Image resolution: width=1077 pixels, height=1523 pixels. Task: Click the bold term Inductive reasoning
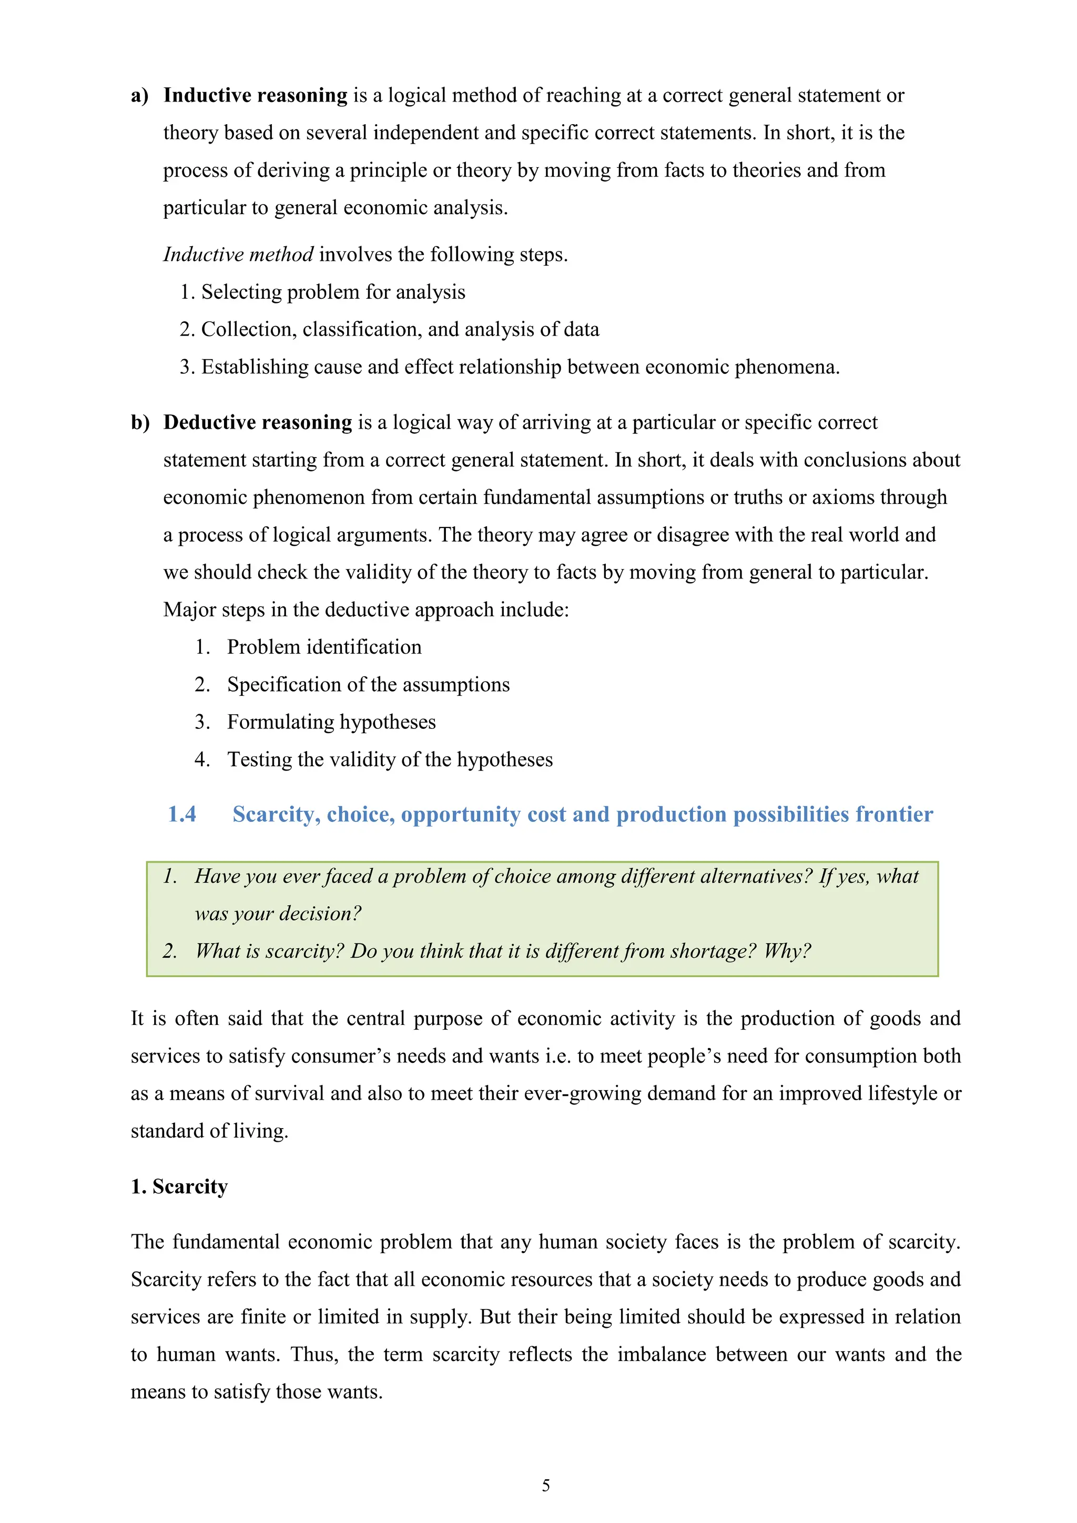click(x=256, y=96)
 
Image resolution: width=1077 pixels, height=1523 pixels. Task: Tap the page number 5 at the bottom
click(x=546, y=1485)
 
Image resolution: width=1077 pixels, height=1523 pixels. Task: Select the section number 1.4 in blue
click(x=182, y=814)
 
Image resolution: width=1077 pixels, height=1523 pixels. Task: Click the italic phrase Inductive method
click(x=238, y=255)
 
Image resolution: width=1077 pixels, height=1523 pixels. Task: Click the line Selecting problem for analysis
click(x=333, y=292)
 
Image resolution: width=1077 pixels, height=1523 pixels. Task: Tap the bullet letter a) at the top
click(x=139, y=96)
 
